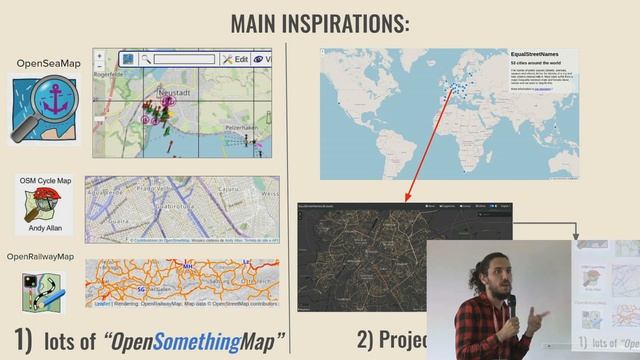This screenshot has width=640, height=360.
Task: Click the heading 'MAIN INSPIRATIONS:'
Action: [x=319, y=21]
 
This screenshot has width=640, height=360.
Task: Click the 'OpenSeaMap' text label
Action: [x=47, y=64]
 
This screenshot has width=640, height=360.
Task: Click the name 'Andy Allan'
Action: [x=45, y=228]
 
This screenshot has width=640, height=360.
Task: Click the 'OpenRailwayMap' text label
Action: [x=40, y=257]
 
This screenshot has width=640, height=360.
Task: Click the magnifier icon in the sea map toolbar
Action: [x=146, y=60]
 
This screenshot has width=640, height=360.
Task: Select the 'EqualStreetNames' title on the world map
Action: [x=541, y=54]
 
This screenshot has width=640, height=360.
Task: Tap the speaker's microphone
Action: [x=508, y=304]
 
